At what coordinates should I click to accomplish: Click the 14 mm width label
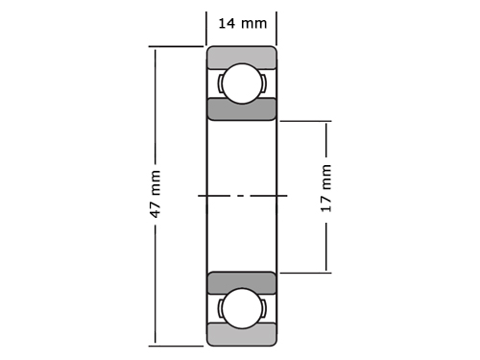click(242, 24)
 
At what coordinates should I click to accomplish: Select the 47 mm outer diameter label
click(156, 194)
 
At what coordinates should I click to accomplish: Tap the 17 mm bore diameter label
click(325, 188)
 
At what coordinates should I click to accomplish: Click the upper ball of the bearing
click(242, 84)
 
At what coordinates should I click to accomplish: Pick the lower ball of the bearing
click(242, 308)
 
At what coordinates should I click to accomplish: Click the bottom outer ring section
click(242, 335)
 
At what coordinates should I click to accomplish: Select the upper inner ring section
click(242, 109)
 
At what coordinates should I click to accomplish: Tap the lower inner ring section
click(242, 282)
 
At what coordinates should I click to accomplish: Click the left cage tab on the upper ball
click(220, 84)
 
